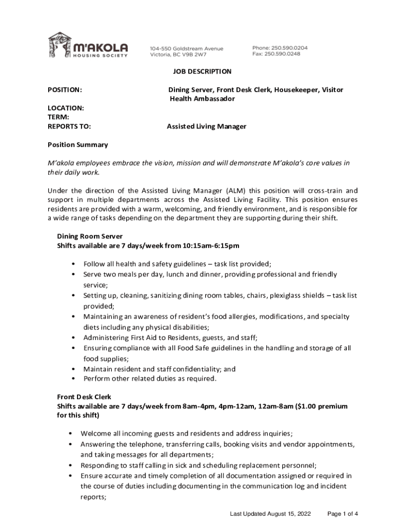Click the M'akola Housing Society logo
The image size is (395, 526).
[87, 45]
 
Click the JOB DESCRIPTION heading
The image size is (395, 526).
[202, 71]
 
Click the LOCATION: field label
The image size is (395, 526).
[66, 108]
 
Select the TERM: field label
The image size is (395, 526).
[58, 117]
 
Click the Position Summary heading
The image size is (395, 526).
[77, 145]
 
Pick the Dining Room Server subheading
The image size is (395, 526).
[89, 236]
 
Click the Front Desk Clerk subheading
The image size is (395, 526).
[84, 397]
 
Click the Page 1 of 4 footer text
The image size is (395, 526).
[342, 514]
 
